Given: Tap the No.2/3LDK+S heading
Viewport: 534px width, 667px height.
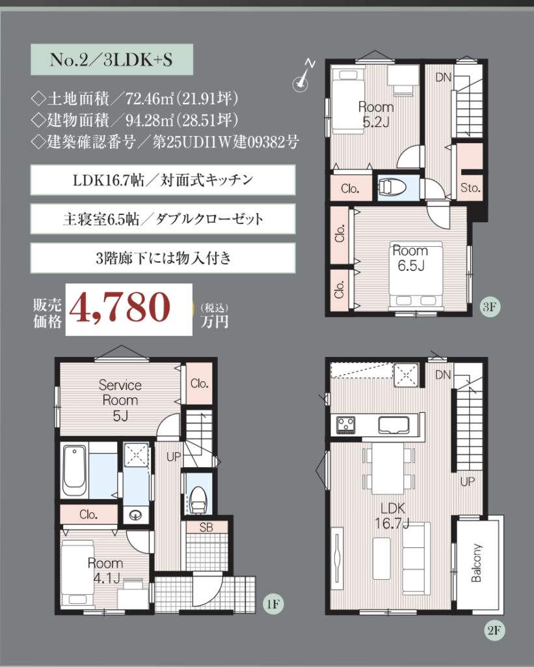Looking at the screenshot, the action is click(111, 59).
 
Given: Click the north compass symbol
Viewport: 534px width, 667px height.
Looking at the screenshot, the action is click(303, 78).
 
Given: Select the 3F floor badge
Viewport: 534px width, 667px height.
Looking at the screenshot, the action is click(489, 306).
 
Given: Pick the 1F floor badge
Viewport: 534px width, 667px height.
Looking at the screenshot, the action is click(273, 604).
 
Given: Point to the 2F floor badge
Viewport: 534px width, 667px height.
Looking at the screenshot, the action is click(494, 630).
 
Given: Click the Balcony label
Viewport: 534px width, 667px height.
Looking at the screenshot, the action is click(477, 563).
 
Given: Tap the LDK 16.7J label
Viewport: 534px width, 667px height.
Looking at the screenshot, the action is click(392, 516).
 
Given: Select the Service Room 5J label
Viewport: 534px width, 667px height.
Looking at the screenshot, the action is click(120, 400).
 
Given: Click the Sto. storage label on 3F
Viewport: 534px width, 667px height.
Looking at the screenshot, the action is click(470, 188).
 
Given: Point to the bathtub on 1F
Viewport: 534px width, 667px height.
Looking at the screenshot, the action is click(75, 470).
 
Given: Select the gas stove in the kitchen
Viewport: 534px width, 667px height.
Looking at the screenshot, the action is click(346, 425).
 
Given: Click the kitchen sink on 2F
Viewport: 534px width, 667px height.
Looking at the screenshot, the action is click(394, 425).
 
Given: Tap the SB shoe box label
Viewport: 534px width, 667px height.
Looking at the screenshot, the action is click(206, 528).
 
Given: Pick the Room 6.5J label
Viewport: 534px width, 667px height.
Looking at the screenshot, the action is click(410, 258).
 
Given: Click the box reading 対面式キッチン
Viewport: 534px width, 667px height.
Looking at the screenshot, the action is click(163, 180).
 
